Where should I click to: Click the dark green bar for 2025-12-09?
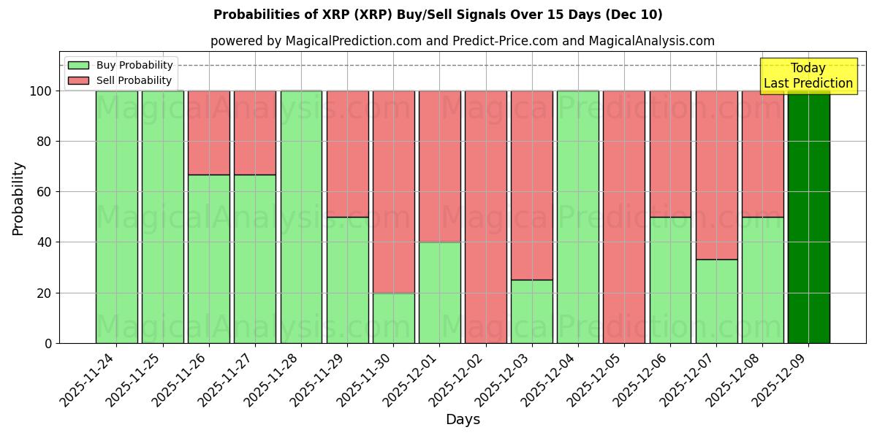808,217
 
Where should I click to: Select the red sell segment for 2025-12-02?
486,217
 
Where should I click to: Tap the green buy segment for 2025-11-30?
394,318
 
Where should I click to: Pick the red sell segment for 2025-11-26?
209,132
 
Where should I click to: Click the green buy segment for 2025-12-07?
716,301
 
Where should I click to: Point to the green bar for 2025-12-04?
578,217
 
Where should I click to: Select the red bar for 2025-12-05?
624,217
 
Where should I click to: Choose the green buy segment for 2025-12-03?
532,311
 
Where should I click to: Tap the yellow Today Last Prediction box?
808,76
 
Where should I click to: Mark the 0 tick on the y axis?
48,343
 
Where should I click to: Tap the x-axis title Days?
463,420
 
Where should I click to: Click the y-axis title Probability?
18,198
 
